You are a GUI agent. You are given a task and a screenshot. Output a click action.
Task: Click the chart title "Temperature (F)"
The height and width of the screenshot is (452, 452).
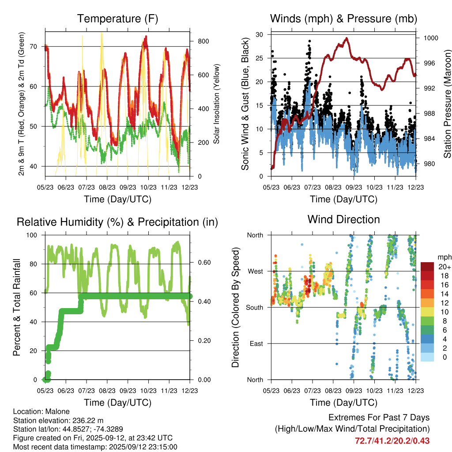(117, 19)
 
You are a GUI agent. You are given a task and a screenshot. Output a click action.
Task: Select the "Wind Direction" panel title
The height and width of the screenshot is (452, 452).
(343, 219)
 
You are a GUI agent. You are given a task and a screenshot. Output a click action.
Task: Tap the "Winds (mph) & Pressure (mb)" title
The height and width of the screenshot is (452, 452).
(343, 19)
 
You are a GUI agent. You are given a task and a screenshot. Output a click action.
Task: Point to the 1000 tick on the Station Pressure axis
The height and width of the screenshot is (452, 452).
(430, 38)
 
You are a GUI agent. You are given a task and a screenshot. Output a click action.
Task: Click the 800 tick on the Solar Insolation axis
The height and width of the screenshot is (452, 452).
(203, 41)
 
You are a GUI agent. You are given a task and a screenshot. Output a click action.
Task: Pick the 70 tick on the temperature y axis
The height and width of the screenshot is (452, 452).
(38, 46)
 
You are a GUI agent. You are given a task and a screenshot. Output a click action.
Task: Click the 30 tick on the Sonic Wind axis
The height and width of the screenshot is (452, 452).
(260, 34)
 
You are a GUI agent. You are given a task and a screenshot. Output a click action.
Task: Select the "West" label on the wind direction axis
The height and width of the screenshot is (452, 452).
(255, 271)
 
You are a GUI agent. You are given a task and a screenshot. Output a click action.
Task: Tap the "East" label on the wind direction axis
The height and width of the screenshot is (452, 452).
(256, 343)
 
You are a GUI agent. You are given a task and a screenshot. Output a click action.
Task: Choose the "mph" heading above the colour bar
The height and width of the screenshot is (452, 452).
(444, 257)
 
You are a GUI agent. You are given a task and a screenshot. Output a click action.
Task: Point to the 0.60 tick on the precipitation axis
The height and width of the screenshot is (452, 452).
(204, 263)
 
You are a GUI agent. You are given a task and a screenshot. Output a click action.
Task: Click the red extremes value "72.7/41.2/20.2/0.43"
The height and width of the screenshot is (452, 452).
(392, 441)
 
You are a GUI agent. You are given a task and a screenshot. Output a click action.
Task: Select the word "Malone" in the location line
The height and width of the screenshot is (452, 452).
(55, 411)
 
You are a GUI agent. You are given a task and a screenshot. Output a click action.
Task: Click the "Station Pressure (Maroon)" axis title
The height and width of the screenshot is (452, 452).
(447, 104)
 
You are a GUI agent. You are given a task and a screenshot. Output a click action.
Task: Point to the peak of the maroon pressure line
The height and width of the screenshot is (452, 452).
(347, 38)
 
